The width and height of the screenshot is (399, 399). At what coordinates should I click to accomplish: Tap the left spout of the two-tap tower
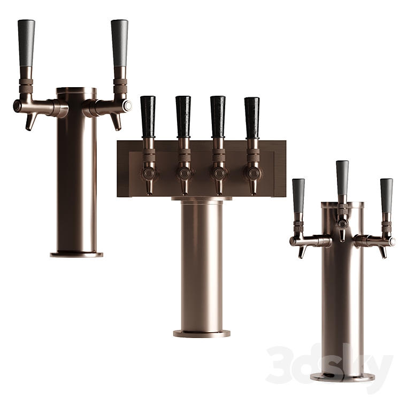(x=30, y=121)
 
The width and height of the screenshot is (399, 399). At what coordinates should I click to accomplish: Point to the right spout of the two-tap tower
(x=116, y=121)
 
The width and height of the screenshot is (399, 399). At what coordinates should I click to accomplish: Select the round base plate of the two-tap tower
(x=76, y=254)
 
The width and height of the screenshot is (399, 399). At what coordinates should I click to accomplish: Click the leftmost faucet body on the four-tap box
(x=148, y=173)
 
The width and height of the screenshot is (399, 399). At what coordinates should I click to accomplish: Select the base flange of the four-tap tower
(x=202, y=333)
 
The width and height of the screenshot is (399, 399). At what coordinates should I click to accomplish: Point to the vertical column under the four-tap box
(x=202, y=262)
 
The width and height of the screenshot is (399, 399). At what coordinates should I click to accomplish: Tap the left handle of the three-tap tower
(x=298, y=195)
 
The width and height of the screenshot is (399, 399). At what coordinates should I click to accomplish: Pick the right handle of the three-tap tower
(x=386, y=195)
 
